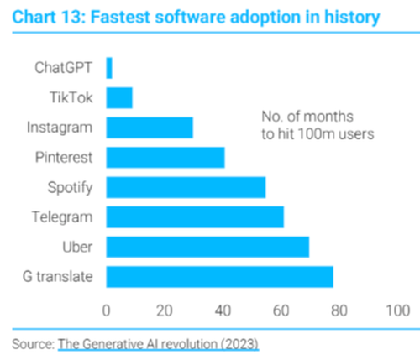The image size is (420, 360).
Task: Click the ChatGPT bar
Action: point(109,68)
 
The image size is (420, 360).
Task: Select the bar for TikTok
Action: point(119,98)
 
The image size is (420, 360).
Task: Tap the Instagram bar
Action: point(150,128)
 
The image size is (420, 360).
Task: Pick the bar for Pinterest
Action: point(165,158)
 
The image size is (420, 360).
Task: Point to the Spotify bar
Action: point(186,187)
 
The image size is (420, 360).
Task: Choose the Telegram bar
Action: point(195,217)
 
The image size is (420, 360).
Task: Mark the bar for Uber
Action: point(207,247)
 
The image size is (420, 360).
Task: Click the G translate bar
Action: point(220,277)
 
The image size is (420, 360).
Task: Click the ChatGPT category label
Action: point(63,68)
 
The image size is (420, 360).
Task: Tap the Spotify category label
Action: point(70,188)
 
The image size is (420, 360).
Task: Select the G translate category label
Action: point(58,277)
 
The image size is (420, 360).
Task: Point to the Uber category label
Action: point(77,247)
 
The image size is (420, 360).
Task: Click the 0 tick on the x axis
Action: point(106,310)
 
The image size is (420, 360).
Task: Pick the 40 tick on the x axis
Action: point(223,310)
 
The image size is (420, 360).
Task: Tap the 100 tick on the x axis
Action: point(398,310)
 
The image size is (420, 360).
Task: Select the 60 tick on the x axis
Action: point(281,310)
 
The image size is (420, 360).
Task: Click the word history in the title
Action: point(352,18)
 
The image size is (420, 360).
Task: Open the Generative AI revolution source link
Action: point(158,344)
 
